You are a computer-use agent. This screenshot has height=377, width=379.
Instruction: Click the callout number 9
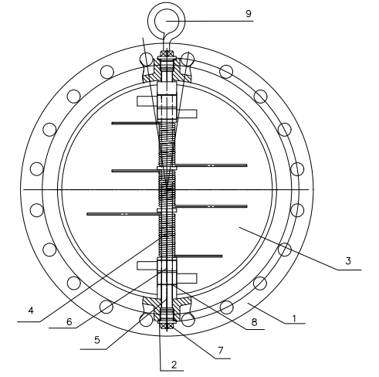click(x=248, y=14)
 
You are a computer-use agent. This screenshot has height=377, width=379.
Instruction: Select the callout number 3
click(x=348, y=261)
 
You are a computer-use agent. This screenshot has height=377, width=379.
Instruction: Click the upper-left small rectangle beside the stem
click(x=147, y=101)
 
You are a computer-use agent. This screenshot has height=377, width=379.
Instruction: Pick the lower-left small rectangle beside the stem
click(x=147, y=266)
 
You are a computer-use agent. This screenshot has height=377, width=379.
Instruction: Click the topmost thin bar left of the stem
click(x=134, y=122)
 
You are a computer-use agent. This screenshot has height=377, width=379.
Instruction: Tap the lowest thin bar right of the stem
click(x=200, y=256)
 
